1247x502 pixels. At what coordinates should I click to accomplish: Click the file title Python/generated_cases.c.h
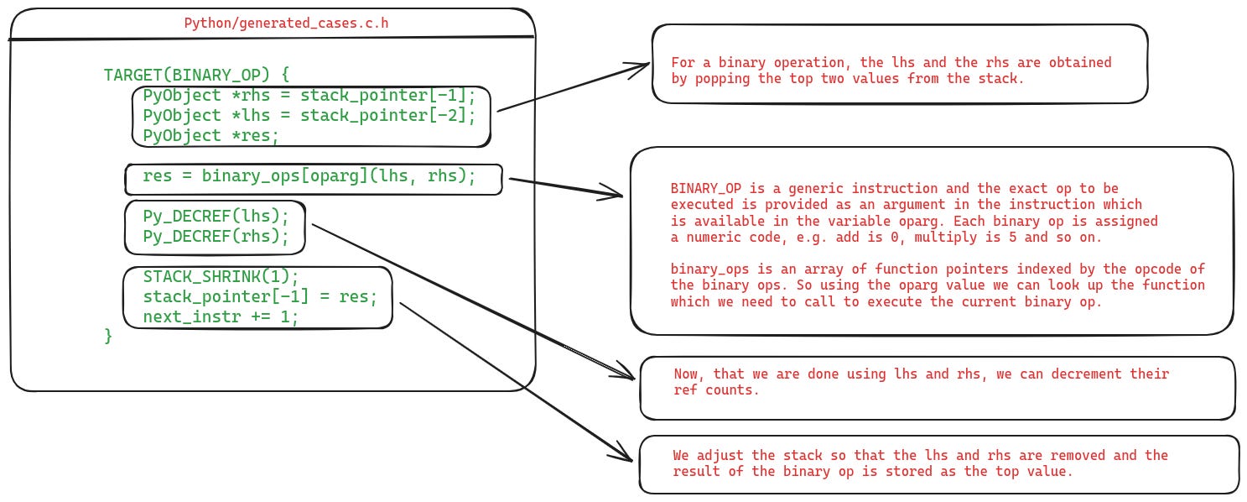(286, 24)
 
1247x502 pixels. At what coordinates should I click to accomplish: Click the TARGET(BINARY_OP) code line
(196, 74)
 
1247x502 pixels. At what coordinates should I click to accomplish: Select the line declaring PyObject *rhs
(309, 95)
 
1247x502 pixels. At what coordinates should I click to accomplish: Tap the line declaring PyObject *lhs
(309, 115)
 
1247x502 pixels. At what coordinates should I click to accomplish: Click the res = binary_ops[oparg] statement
(309, 176)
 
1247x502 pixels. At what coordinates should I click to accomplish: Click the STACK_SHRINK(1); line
(220, 277)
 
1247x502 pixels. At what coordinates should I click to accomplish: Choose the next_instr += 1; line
(220, 317)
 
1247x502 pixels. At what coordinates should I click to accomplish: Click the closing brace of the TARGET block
(107, 336)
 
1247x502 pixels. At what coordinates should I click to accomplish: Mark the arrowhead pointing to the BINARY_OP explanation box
(616, 195)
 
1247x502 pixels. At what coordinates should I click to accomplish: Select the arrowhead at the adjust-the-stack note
(625, 456)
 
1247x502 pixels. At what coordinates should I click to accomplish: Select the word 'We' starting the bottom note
(682, 455)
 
